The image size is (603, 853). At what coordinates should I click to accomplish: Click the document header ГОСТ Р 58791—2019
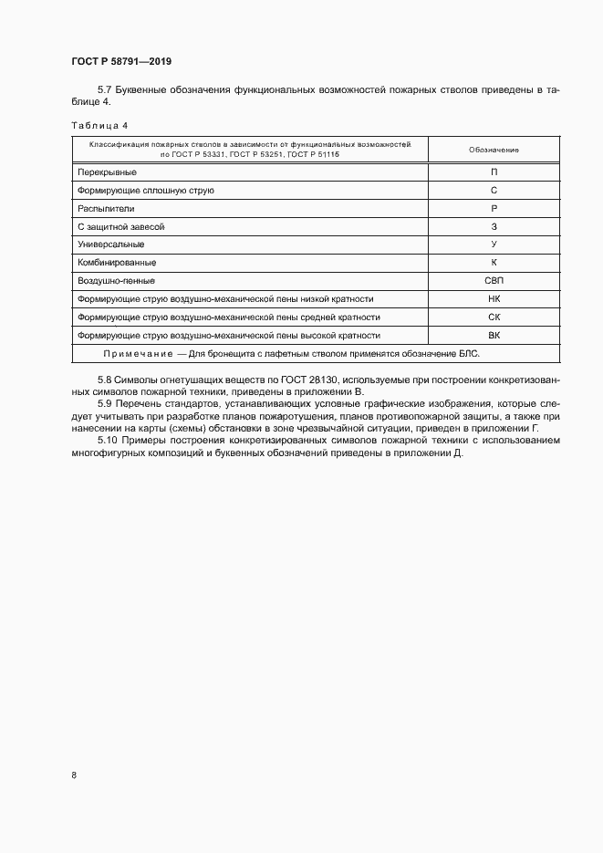pos(121,61)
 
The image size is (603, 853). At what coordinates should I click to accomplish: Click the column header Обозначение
pos(494,150)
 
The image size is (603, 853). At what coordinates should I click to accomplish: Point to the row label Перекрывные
pos(108,172)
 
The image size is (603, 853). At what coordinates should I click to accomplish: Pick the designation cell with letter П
pos(494,172)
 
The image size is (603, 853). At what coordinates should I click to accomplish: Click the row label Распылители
pos(106,208)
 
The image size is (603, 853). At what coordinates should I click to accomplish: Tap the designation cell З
pos(494,226)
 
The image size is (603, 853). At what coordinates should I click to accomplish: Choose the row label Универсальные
pos(111,244)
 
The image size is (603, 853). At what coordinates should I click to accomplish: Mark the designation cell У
pos(494,244)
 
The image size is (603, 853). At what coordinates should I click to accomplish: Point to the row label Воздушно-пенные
pos(116,281)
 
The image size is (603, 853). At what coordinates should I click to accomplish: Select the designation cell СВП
pos(494,281)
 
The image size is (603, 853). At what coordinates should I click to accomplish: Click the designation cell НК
pos(494,299)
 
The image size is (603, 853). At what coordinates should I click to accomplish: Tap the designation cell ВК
pos(494,336)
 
